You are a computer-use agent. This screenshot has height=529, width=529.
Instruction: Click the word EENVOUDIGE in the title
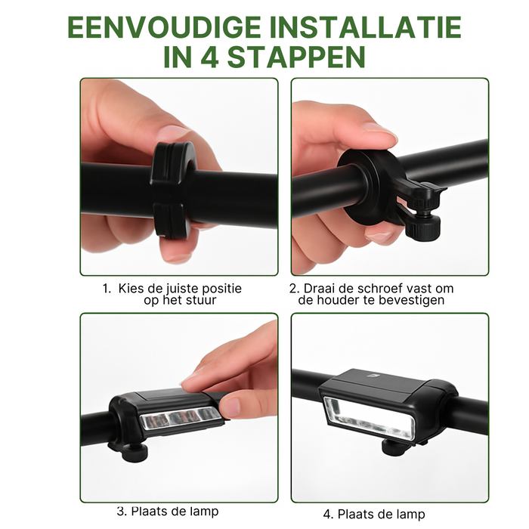click(164, 27)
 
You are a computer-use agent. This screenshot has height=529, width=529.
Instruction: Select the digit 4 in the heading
click(209, 57)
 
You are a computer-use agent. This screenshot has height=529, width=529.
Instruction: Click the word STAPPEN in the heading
click(296, 57)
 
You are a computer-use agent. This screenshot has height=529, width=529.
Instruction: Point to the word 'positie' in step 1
click(221, 289)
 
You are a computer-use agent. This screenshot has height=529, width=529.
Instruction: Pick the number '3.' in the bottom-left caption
click(122, 512)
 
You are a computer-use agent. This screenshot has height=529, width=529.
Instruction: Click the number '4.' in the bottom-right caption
click(328, 515)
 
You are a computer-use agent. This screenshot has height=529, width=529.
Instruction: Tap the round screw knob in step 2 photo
click(422, 227)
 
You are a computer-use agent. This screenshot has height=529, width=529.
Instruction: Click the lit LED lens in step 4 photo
click(369, 419)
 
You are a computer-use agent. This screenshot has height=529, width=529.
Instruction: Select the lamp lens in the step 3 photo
click(181, 418)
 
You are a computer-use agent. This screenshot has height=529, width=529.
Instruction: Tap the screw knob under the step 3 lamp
click(135, 453)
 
